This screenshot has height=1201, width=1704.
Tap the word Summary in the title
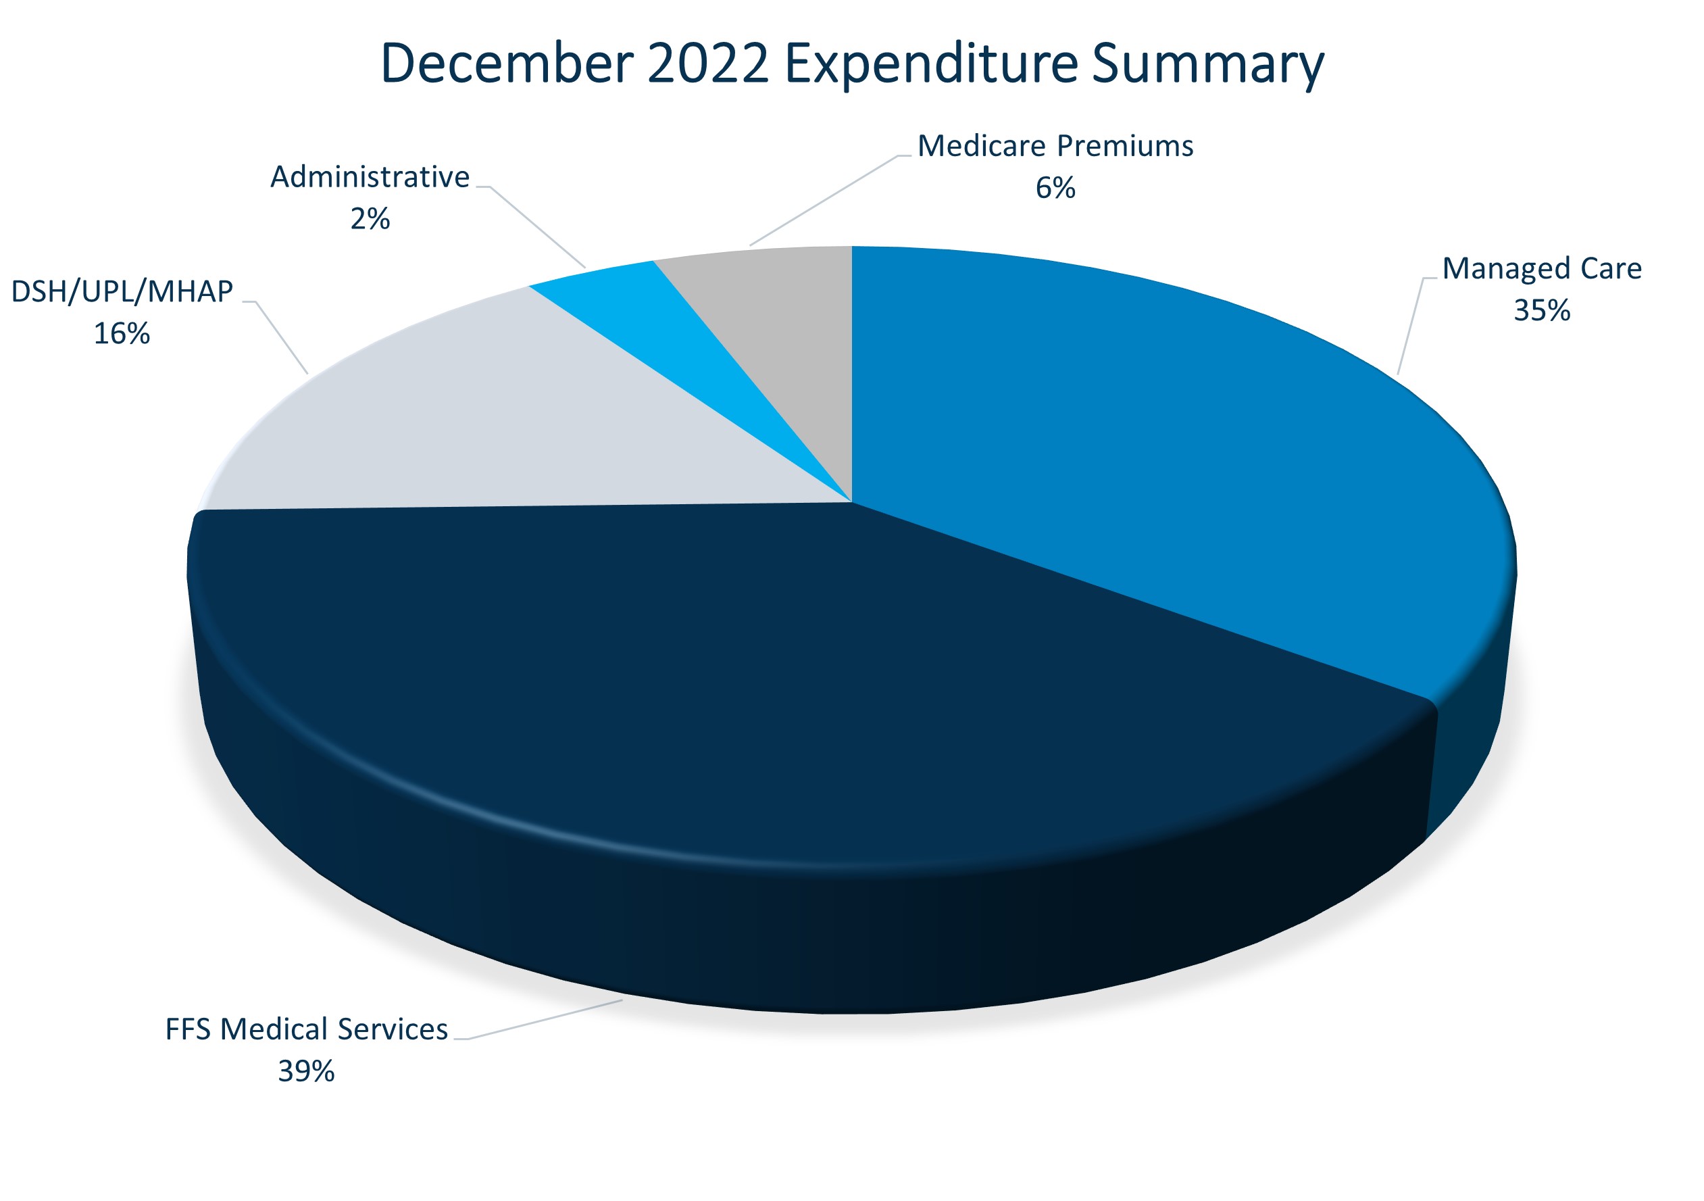[1207, 66]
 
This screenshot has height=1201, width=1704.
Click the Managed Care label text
[1541, 269]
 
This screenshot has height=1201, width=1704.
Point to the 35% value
[1541, 310]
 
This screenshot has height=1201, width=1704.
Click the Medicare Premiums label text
[1055, 146]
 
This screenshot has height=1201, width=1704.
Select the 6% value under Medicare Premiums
[1055, 188]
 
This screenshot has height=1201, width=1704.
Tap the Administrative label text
[370, 177]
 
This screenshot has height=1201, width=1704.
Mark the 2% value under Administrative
[370, 219]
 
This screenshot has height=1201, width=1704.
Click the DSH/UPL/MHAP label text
[122, 292]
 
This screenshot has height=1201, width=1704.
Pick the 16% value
[122, 333]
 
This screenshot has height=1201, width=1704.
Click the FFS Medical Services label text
[306, 1029]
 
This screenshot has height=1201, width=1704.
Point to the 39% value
[306, 1071]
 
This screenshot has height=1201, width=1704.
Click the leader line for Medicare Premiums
[824, 201]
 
